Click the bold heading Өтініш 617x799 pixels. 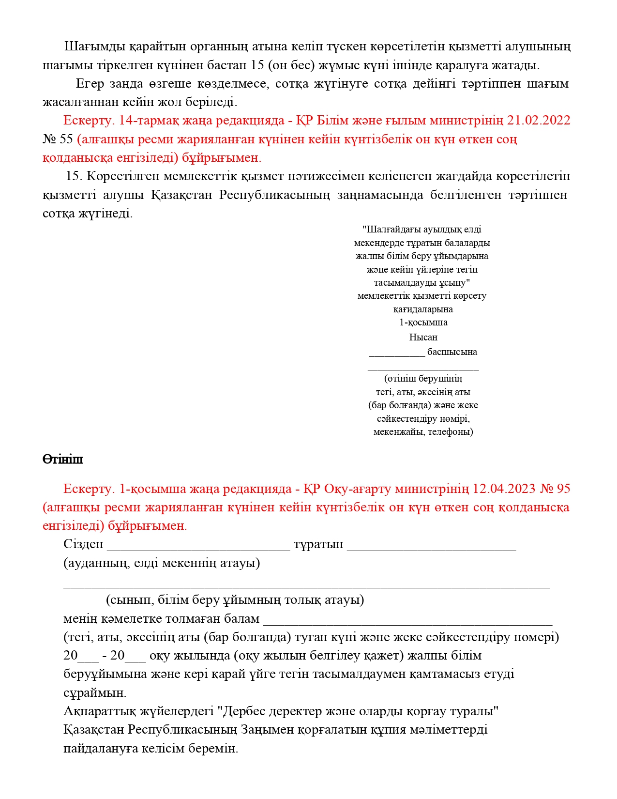pos(62,459)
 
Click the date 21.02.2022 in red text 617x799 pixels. pos(539,120)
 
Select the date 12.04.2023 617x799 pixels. pos(504,489)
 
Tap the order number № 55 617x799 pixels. pos(58,139)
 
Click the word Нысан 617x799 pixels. pos(423,337)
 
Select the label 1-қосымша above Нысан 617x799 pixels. pos(423,322)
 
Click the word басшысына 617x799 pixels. pos(452,352)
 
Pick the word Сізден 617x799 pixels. pos(83,544)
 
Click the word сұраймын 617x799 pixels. pos(95,693)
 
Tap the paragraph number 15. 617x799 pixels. pos(74,176)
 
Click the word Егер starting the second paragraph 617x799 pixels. pos(90,83)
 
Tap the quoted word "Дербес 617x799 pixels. pos(241,711)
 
